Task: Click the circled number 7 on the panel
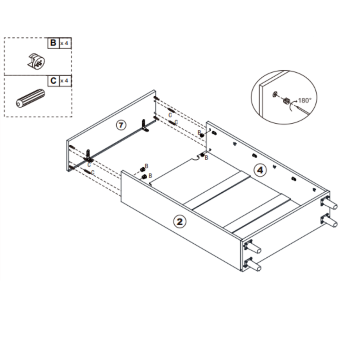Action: point(121,124)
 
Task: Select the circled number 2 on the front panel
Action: point(180,221)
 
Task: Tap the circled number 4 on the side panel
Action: point(260,171)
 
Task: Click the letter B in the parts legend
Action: point(53,43)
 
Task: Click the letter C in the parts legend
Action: point(53,81)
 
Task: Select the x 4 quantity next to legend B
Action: point(64,43)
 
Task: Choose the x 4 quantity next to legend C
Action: point(64,81)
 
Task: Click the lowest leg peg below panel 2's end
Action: point(254,265)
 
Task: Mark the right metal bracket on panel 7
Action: point(144,126)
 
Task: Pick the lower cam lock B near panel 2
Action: point(144,176)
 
